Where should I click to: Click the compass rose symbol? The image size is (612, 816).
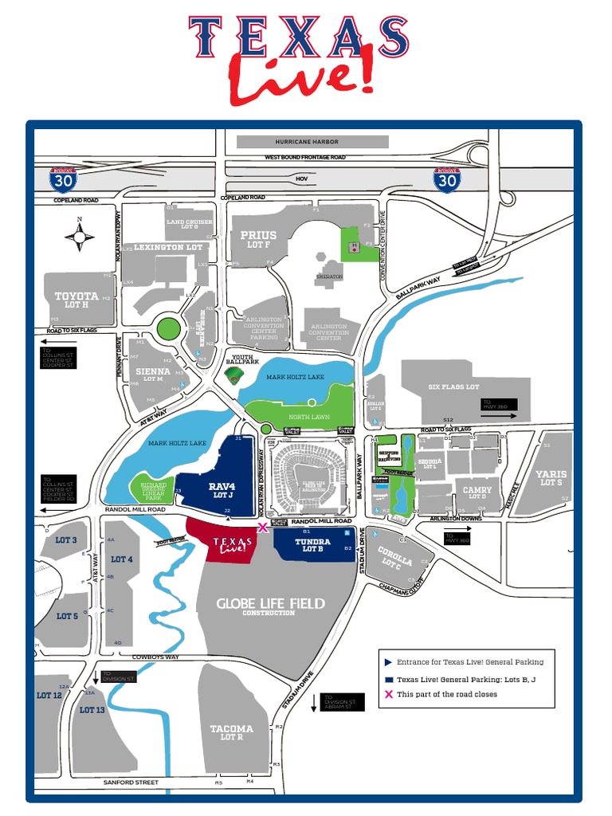pos(80,235)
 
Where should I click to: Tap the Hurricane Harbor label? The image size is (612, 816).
pos(307,142)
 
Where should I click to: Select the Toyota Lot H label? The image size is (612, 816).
pos(76,300)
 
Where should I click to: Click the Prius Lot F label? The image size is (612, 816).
pos(258,239)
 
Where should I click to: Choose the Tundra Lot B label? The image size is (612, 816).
pos(312,546)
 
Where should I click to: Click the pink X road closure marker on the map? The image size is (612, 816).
pos(262,527)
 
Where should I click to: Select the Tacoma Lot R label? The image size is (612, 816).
pos(231,732)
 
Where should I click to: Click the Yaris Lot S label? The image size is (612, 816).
pos(551,478)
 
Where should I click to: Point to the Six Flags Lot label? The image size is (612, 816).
pos(453,387)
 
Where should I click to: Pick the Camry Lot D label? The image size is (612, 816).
pos(477,493)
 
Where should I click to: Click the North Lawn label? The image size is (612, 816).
pos(309,417)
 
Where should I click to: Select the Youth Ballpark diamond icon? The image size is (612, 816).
pos(233,376)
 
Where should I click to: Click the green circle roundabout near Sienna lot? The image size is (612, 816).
pos(169,328)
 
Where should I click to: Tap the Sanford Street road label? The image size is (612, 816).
pos(131,783)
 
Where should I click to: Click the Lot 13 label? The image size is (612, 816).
pos(92,709)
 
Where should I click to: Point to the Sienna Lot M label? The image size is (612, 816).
pos(152,375)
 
